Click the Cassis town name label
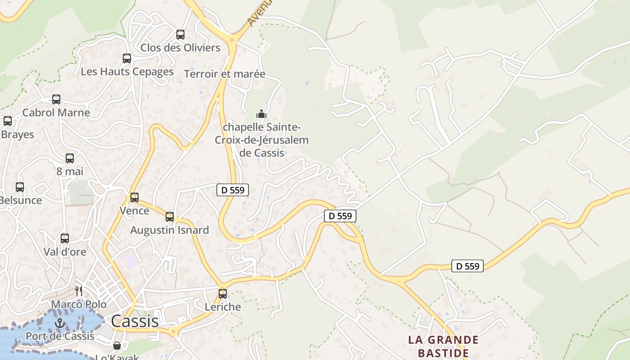pyautogui.click(x=135, y=321)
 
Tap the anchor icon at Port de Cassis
pyautogui.click(x=59, y=323)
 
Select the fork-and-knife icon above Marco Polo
pyautogui.click(x=79, y=291)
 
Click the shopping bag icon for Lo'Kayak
pyautogui.click(x=117, y=346)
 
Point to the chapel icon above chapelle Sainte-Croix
pyautogui.click(x=261, y=114)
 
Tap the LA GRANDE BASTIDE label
pyautogui.click(x=443, y=346)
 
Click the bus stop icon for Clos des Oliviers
pyautogui.click(x=180, y=34)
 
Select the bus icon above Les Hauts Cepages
pyautogui.click(x=127, y=58)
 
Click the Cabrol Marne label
pyautogui.click(x=56, y=112)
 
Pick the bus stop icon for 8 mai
pyautogui.click(x=70, y=158)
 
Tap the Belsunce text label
pyautogui.click(x=21, y=200)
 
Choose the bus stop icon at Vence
pyautogui.click(x=134, y=197)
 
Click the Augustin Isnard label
pyautogui.click(x=170, y=230)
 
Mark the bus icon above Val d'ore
pyautogui.click(x=65, y=238)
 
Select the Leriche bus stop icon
pyautogui.click(x=223, y=294)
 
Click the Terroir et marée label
pyautogui.click(x=225, y=74)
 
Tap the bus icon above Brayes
pyautogui.click(x=8, y=121)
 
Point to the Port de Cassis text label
pyautogui.click(x=60, y=336)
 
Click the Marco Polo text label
pyautogui.click(x=79, y=305)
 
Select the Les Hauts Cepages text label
pyautogui.click(x=127, y=72)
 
